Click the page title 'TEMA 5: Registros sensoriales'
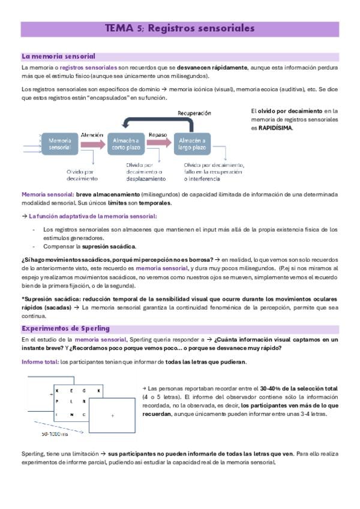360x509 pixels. coord(180,28)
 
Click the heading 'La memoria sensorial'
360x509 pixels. coord(58,56)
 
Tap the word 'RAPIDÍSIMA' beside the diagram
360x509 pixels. coord(276,128)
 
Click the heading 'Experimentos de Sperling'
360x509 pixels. coord(65,328)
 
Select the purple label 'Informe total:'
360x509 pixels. coord(40,363)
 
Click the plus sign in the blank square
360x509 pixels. coord(112,415)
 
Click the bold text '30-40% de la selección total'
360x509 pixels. coord(295,389)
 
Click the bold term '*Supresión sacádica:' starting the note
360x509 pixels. coord(50,298)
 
